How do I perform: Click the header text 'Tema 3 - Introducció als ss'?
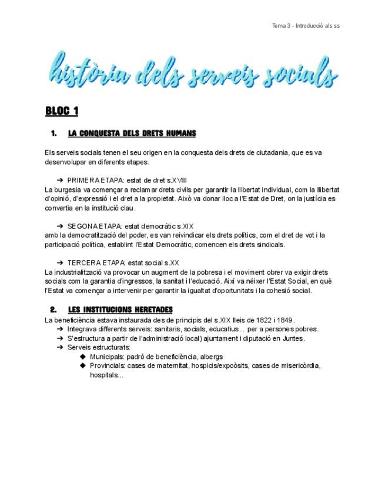click(x=306, y=25)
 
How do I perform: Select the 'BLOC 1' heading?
click(x=62, y=111)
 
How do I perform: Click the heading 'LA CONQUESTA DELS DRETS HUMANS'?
click(x=132, y=134)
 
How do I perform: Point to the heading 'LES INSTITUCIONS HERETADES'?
click(x=120, y=310)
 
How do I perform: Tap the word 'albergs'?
click(x=211, y=357)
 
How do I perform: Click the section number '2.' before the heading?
click(x=53, y=310)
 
